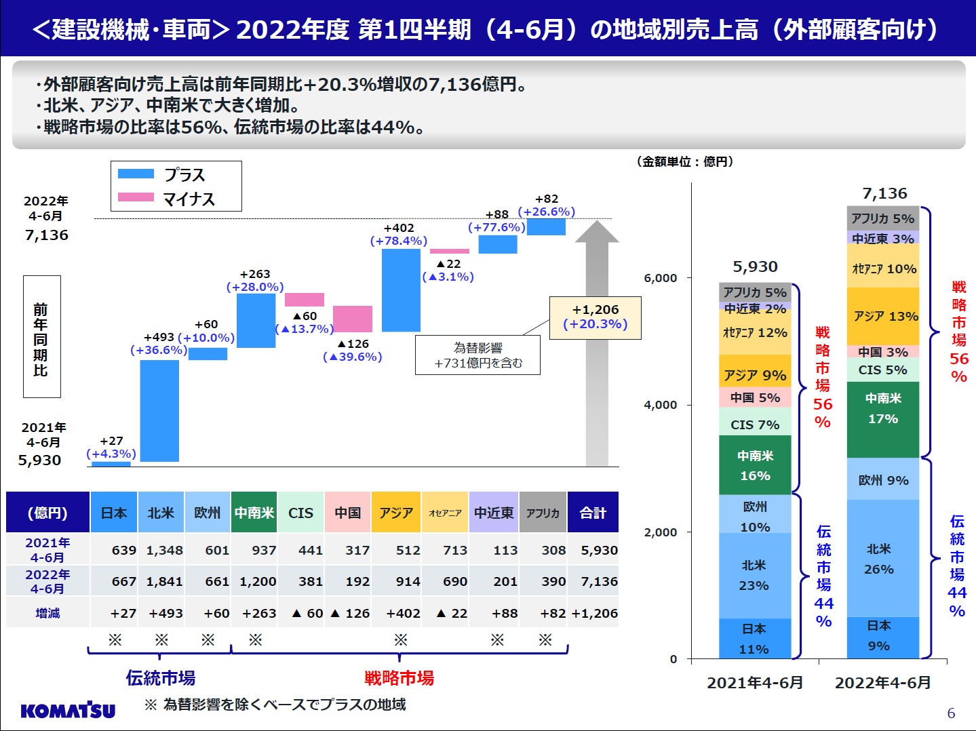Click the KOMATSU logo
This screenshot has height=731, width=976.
point(68,710)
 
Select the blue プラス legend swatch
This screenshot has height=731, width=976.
point(136,174)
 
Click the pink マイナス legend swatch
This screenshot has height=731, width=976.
point(136,197)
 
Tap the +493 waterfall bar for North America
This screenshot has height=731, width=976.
point(159,410)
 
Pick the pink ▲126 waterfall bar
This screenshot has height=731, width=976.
point(353,319)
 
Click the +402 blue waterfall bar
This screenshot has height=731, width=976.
point(401,290)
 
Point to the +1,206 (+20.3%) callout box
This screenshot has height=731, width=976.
point(595,317)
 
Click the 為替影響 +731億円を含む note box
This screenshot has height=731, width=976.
point(477,355)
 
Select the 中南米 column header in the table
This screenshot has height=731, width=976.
point(254,513)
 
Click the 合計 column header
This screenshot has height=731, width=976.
point(593,513)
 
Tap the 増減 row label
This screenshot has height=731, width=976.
point(47,613)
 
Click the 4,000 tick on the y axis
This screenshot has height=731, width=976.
point(660,405)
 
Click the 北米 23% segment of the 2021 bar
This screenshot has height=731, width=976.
point(754,575)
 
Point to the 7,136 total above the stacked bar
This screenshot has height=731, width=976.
point(884,194)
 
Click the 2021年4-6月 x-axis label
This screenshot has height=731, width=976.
point(755,682)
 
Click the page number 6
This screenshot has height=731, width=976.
point(951,713)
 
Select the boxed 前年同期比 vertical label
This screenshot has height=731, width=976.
point(41,336)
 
